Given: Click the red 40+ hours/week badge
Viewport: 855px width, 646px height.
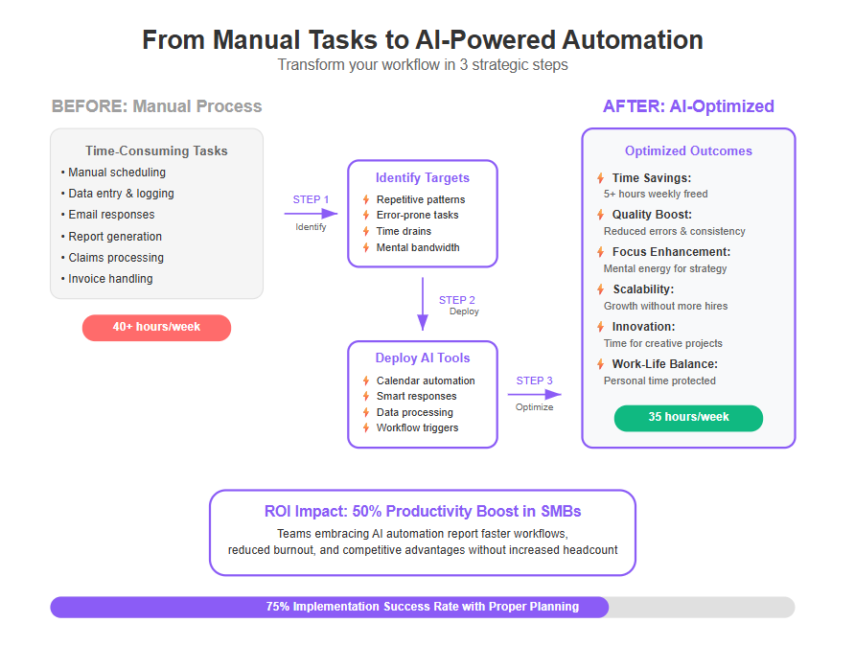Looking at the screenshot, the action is [156, 328].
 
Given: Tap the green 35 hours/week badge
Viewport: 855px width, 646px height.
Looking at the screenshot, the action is [688, 418].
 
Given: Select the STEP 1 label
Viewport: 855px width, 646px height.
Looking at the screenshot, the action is [311, 199].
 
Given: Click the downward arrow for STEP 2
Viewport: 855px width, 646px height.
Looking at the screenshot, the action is [423, 304].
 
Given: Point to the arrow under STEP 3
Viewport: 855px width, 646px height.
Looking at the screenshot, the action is [535, 394].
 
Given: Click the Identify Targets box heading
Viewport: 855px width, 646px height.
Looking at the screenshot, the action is [423, 177].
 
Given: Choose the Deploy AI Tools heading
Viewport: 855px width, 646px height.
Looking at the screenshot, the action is [423, 358].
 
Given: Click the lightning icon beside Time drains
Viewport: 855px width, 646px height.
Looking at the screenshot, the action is [366, 231].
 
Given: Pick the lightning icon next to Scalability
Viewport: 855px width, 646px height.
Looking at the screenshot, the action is [600, 288].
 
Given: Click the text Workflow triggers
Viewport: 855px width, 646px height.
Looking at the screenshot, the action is [417, 427].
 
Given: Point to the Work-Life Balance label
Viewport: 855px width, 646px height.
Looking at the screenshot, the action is [664, 363].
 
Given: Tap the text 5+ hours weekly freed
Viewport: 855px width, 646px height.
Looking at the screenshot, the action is [656, 194].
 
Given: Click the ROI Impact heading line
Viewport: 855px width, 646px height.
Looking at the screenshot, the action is [423, 512].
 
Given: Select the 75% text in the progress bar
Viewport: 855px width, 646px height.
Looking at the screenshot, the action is [278, 606].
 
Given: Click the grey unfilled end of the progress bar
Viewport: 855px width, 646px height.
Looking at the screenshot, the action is [702, 608].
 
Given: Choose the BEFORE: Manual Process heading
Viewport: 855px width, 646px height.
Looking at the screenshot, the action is [156, 106].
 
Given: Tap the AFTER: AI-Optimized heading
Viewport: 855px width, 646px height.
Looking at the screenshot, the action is [688, 106].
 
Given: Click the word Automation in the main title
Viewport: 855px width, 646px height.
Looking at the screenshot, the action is [633, 40].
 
